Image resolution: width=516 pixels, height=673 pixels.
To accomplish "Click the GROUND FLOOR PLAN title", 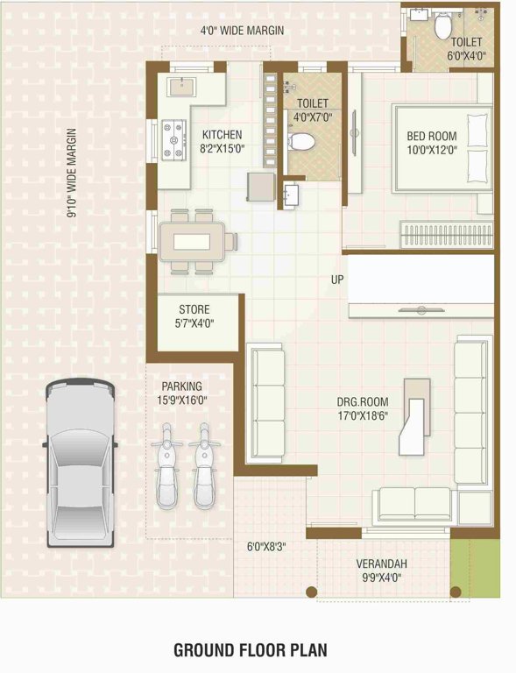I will [x=250, y=650].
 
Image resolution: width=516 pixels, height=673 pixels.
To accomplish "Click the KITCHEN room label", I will [x=223, y=135].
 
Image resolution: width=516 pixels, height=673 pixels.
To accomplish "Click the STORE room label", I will [x=195, y=309].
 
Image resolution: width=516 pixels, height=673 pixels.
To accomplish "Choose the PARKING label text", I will [x=182, y=386].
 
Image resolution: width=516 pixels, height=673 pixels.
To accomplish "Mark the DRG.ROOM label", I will [x=363, y=403].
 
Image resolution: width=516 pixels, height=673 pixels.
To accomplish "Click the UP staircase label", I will [x=337, y=280].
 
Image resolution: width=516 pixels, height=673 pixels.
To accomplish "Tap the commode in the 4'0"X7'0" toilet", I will [x=301, y=140].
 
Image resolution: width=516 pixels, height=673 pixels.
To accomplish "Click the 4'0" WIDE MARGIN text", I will [x=243, y=31].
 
